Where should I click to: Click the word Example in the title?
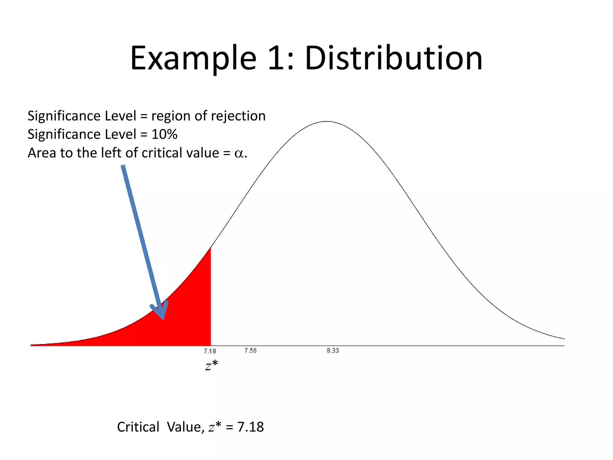193,58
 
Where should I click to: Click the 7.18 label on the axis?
210,351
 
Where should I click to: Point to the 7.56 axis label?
250,351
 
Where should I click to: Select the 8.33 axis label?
333,351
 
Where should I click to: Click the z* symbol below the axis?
211,366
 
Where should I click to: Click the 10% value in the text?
164,134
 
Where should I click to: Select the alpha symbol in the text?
239,153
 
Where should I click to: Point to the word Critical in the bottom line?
138,427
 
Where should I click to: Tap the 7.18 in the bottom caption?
250,427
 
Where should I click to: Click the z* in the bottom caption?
215,426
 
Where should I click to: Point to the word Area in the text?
42,153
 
